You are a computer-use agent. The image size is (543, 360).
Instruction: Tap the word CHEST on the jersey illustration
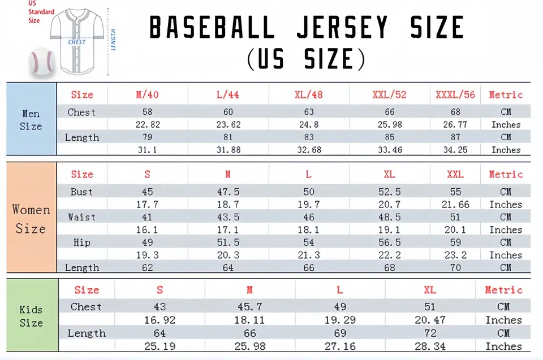pyautogui.click(x=77, y=42)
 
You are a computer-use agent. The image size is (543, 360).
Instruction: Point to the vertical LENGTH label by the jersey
pyautogui.click(x=113, y=40)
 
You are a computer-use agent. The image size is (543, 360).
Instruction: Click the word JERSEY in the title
pyautogui.click(x=343, y=27)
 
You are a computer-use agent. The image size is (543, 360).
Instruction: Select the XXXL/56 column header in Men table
pyautogui.click(x=455, y=95)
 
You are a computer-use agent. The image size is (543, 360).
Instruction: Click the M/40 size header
pyautogui.click(x=147, y=95)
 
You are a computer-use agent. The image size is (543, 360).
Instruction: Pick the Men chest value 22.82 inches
pyautogui.click(x=147, y=125)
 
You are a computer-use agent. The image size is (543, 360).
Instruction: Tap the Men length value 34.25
pyautogui.click(x=455, y=150)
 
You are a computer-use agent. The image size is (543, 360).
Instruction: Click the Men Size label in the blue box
pyautogui.click(x=31, y=120)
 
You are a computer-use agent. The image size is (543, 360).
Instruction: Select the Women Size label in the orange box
pyautogui.click(x=31, y=219)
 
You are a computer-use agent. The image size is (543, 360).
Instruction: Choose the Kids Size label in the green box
pyautogui.click(x=31, y=316)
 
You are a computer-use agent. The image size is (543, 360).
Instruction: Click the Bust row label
pyautogui.click(x=82, y=192)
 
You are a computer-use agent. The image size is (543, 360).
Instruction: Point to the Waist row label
pyautogui.click(x=82, y=218)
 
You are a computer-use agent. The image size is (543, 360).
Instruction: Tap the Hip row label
pyautogui.click(x=82, y=242)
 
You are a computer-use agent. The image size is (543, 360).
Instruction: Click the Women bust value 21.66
pyautogui.click(x=455, y=205)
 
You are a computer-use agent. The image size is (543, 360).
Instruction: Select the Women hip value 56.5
pyautogui.click(x=390, y=242)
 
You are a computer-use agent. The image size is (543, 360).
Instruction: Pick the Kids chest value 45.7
pyautogui.click(x=249, y=307)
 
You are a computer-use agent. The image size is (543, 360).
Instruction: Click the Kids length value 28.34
pyautogui.click(x=430, y=346)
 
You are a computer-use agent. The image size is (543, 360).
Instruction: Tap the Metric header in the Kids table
pyautogui.click(x=503, y=290)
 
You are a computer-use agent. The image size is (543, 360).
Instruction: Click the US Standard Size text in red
pyautogui.click(x=41, y=12)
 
